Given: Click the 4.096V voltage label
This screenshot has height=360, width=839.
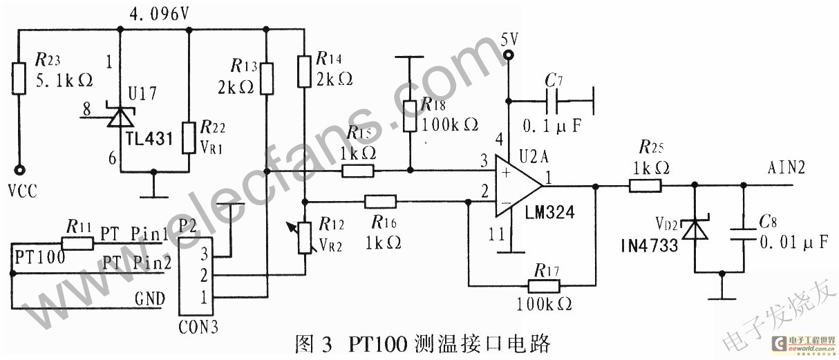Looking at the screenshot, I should pyautogui.click(x=158, y=14).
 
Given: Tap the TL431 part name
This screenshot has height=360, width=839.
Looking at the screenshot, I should pyautogui.click(x=149, y=137).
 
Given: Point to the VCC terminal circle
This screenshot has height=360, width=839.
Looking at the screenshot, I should pyautogui.click(x=19, y=169).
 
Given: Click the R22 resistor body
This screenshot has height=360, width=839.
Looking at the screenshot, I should pyautogui.click(x=189, y=138).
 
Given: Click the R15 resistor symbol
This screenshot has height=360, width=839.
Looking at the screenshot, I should pyautogui.click(x=358, y=170).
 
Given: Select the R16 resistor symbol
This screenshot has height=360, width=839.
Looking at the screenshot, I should pyautogui.click(x=380, y=202).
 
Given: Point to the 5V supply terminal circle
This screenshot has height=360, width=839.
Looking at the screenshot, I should pyautogui.click(x=509, y=55).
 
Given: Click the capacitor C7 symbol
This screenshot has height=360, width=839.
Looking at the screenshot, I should pyautogui.click(x=552, y=101).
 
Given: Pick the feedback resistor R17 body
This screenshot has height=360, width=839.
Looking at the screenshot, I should pyautogui.click(x=545, y=285).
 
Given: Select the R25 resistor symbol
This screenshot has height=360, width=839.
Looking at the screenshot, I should pyautogui.click(x=645, y=185).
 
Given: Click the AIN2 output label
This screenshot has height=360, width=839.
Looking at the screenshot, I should pyautogui.click(x=786, y=168).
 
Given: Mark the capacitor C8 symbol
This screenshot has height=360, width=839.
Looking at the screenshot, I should pyautogui.click(x=743, y=231).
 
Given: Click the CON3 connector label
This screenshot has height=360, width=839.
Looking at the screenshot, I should pyautogui.click(x=198, y=325).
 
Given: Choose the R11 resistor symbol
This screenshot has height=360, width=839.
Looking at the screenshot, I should pyautogui.click(x=77, y=243).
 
